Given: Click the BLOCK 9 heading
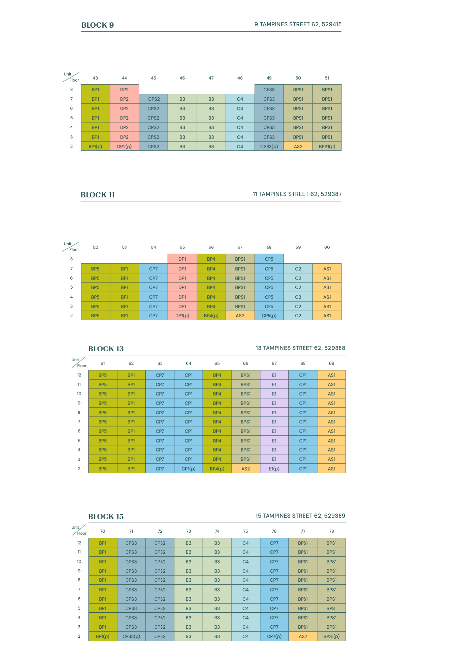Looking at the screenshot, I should pyautogui.click(x=97, y=25).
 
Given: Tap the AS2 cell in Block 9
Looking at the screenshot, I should pyautogui.click(x=298, y=147).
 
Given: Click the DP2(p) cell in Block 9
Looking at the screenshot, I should pyautogui.click(x=125, y=147).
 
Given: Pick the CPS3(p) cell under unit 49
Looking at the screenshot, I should pyautogui.click(x=269, y=147).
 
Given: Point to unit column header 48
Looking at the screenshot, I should pyautogui.click(x=240, y=78).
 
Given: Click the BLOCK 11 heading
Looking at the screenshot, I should pyautogui.click(x=98, y=195).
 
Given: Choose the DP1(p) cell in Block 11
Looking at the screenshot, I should pyautogui.click(x=182, y=316).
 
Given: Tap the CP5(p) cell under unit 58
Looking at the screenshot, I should pyautogui.click(x=269, y=316).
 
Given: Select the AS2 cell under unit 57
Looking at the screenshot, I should pyautogui.click(x=240, y=316).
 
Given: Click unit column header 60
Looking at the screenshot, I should pyautogui.click(x=327, y=247).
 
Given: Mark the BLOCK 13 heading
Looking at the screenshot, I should pyautogui.click(x=106, y=349).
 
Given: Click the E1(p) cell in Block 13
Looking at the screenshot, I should pyautogui.click(x=274, y=469).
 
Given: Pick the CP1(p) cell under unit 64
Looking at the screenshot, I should pyautogui.click(x=189, y=469).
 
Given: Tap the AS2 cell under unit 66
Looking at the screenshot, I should pyautogui.click(x=246, y=469).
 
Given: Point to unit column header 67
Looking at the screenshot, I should pyautogui.click(x=274, y=363).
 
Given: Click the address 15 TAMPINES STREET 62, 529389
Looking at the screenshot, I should pyautogui.click(x=300, y=516).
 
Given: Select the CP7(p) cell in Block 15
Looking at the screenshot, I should pyautogui.click(x=274, y=636).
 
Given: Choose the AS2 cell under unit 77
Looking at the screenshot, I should pyautogui.click(x=303, y=636).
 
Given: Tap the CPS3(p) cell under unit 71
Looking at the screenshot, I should pyautogui.click(x=131, y=636).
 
